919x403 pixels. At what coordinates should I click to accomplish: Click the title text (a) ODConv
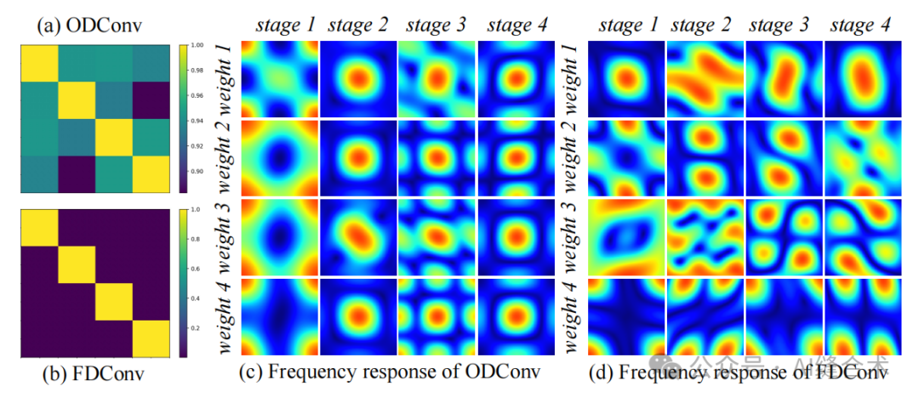point(89,25)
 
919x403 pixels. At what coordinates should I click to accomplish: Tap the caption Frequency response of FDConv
point(745,372)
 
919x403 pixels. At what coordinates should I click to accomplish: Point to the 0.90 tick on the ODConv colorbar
point(196,172)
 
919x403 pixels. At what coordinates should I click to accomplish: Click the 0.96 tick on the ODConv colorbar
point(196,96)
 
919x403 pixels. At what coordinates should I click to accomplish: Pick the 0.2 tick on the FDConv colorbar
point(195,326)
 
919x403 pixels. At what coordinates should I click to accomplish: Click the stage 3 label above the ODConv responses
point(437,26)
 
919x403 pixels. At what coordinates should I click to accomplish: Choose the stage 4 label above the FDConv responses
point(860,26)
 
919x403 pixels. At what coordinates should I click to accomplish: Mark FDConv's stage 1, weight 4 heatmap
point(627,315)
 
